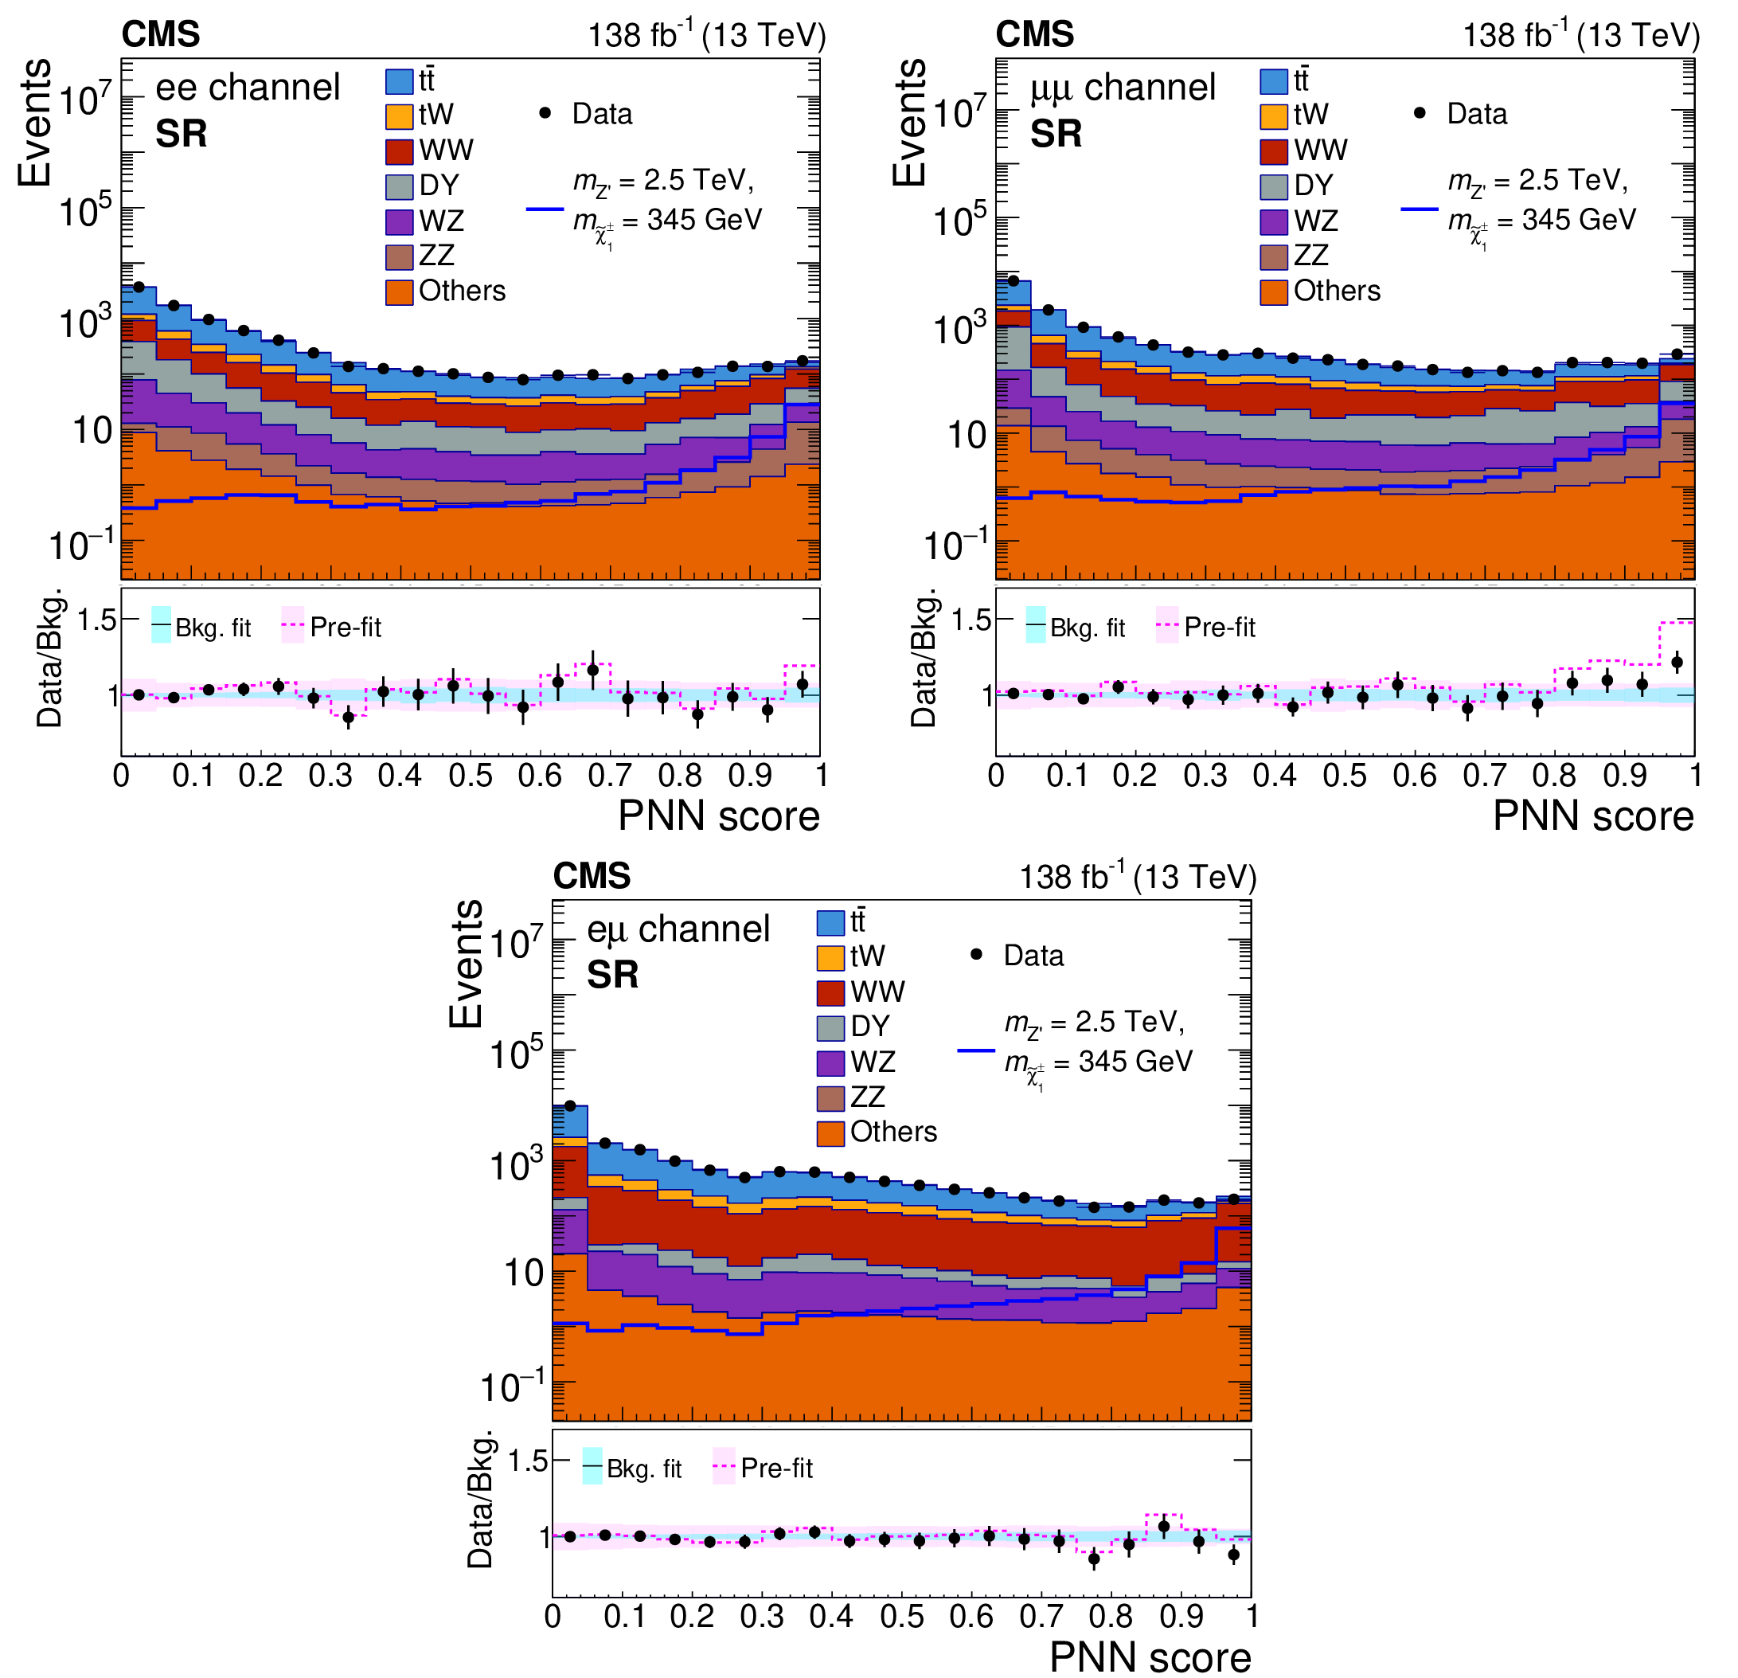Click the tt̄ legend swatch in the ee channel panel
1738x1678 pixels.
click(x=399, y=80)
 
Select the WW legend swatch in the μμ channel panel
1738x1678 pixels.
click(x=1273, y=151)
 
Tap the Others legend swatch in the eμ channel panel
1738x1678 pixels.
click(x=830, y=1132)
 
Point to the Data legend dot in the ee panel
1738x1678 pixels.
click(x=545, y=114)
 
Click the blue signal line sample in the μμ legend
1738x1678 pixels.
click(x=1420, y=209)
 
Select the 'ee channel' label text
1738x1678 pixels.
click(x=248, y=87)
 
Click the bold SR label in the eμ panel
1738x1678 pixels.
click(x=612, y=976)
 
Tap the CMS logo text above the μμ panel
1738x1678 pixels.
click(x=1034, y=34)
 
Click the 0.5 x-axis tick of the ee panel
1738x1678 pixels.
click(x=470, y=776)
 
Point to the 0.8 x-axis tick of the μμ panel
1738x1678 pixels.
click(x=1554, y=776)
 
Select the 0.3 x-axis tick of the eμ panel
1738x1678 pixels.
click(x=762, y=1617)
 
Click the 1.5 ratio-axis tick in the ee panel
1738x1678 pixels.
click(x=96, y=619)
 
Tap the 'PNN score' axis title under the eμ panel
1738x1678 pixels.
click(x=1150, y=1656)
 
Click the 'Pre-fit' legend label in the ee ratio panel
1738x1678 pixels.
click(x=345, y=628)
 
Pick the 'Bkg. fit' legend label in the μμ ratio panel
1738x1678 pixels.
click(x=1087, y=628)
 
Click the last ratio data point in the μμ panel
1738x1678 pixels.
click(x=1677, y=662)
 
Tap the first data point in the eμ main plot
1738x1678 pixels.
click(x=570, y=1106)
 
